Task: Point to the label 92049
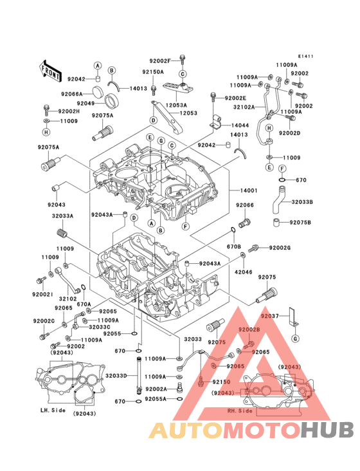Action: (85, 103)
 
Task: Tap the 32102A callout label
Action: (244, 107)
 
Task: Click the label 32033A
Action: (62, 216)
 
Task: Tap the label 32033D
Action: (116, 376)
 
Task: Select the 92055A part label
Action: (156, 399)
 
